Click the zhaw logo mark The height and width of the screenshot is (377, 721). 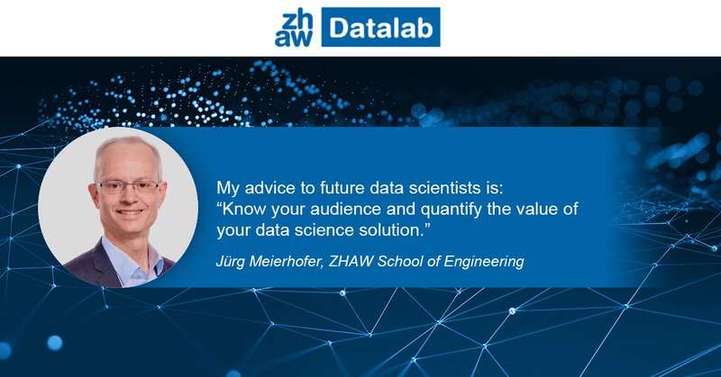(x=295, y=28)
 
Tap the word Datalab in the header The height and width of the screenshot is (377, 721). (x=380, y=28)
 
